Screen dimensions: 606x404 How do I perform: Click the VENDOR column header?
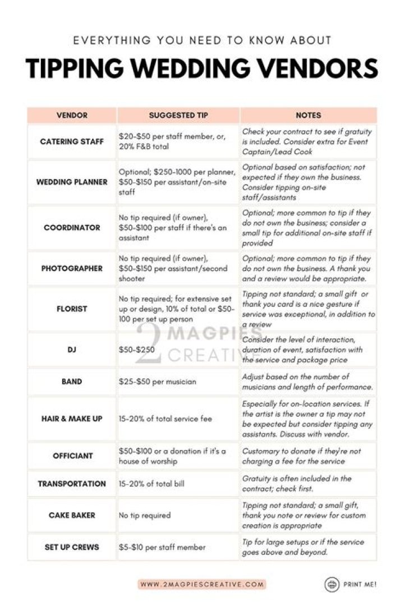pyautogui.click(x=72, y=115)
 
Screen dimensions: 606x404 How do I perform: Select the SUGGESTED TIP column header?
pyautogui.click(x=178, y=115)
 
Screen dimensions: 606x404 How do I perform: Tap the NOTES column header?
pyautogui.click(x=308, y=115)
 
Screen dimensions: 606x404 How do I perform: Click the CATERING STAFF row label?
pyautogui.click(x=72, y=141)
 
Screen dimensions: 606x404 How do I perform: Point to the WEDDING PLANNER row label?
pyautogui.click(x=72, y=182)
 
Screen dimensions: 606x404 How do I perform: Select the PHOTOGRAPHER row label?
pyautogui.click(x=72, y=268)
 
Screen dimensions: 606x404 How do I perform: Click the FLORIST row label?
pyautogui.click(x=72, y=309)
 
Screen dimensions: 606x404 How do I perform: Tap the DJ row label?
pyautogui.click(x=72, y=350)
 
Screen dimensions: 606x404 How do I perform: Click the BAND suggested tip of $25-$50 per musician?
pyautogui.click(x=158, y=382)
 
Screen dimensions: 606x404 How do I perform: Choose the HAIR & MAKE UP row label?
pyautogui.click(x=72, y=419)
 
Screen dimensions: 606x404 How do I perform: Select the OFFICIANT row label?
pyautogui.click(x=72, y=456)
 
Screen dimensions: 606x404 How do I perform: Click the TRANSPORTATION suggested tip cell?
pyautogui.click(x=151, y=484)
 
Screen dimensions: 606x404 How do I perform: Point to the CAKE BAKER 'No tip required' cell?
pyautogui.click(x=145, y=515)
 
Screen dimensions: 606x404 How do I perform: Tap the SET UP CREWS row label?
pyautogui.click(x=72, y=547)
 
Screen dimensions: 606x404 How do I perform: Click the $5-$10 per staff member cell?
pyautogui.click(x=162, y=547)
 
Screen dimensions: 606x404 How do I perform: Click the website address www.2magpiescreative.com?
pyautogui.click(x=202, y=584)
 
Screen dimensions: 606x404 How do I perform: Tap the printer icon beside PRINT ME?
pyautogui.click(x=332, y=584)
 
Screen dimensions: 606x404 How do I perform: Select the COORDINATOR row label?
pyautogui.click(x=72, y=228)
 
